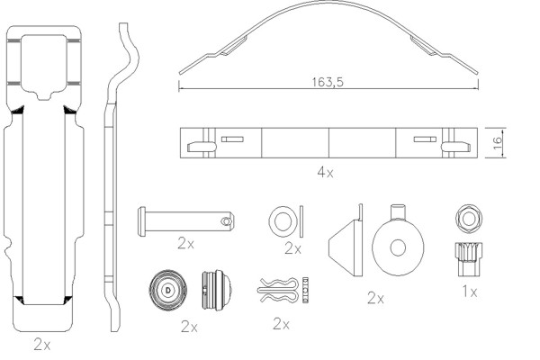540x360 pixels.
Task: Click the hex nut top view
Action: (467, 219)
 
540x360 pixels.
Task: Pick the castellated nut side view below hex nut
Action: (467, 258)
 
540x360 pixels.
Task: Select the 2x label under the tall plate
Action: (41, 343)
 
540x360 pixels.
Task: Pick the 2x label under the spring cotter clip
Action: (282, 323)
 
